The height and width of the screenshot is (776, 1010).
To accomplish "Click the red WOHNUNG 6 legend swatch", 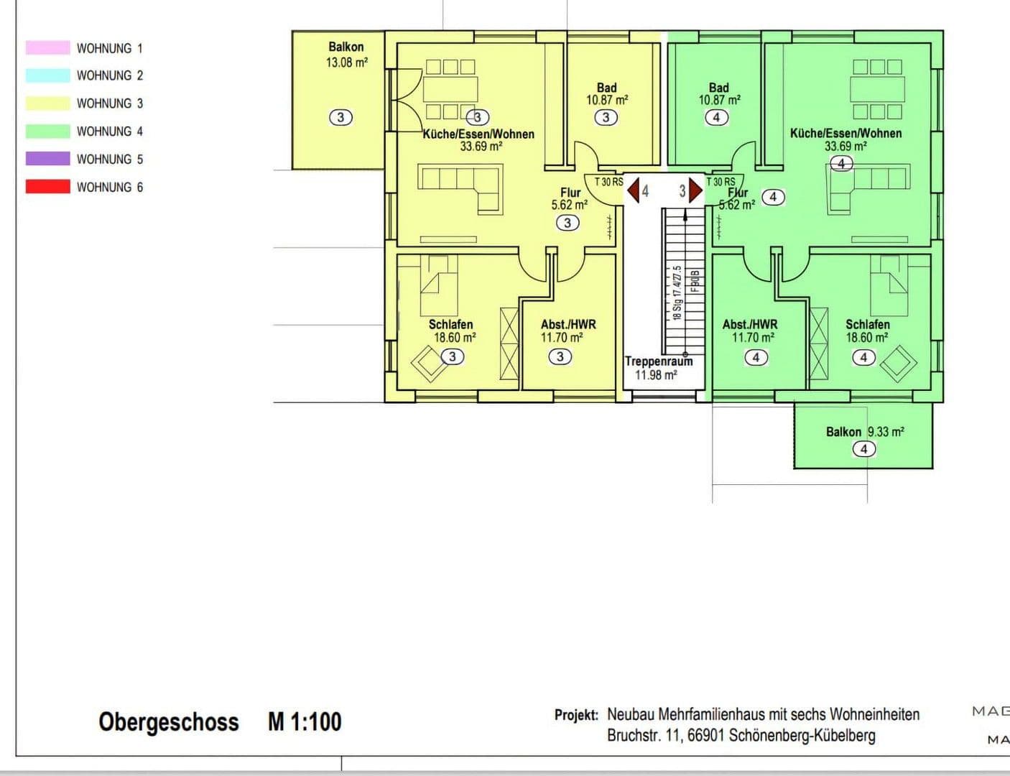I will [x=47, y=187].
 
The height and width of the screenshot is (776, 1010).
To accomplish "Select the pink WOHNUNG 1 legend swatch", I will [x=47, y=48].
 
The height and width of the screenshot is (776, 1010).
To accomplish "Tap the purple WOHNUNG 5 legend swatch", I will [x=47, y=159].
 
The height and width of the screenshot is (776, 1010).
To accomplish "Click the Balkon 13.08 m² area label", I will [x=346, y=55].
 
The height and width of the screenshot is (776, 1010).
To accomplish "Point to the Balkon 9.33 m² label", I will [x=865, y=432].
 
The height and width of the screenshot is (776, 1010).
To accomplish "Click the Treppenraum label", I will [x=658, y=361].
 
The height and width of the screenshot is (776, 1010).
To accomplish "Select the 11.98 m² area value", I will [x=656, y=375].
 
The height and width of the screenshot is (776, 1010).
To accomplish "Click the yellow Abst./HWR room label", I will [x=568, y=325].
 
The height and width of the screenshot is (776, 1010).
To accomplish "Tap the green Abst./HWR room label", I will [x=750, y=325].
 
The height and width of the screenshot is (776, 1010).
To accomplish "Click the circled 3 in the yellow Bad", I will [x=606, y=117].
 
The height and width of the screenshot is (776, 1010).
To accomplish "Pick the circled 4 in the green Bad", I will [x=716, y=117].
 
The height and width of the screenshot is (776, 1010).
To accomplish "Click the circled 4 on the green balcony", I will [x=863, y=449].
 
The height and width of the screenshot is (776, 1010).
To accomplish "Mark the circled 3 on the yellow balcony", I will [x=340, y=116].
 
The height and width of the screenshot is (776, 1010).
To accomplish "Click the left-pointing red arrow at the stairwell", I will [x=633, y=191].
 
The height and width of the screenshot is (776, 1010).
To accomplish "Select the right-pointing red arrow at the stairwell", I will [x=695, y=191].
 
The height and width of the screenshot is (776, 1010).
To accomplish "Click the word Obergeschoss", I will [x=169, y=721].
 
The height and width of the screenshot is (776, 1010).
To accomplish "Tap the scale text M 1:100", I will [x=305, y=721].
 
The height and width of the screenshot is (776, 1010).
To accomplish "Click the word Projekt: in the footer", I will [x=576, y=715].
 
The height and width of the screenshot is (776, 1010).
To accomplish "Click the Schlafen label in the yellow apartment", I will [x=451, y=325].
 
